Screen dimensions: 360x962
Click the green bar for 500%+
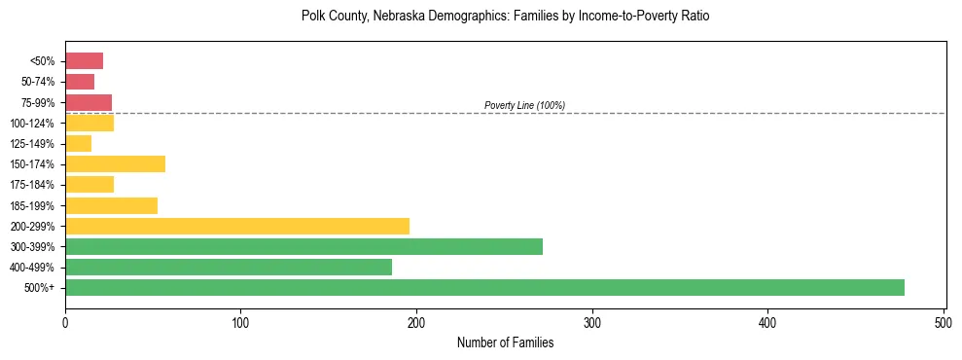[484, 287]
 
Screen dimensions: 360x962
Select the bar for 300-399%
[303, 246]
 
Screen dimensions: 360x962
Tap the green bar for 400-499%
[229, 267]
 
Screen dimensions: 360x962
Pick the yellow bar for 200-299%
[237, 226]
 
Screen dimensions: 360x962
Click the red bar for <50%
[84, 61]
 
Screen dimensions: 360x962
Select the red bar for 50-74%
[80, 82]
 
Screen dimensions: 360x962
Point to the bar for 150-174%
[115, 163]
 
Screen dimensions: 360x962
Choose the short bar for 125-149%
[78, 143]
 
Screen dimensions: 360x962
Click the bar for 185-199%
[111, 205]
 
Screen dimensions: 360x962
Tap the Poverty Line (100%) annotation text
[524, 105]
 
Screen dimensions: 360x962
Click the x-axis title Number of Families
[505, 342]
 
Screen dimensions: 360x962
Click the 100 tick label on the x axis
[240, 320]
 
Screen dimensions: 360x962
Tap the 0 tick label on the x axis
[65, 320]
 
